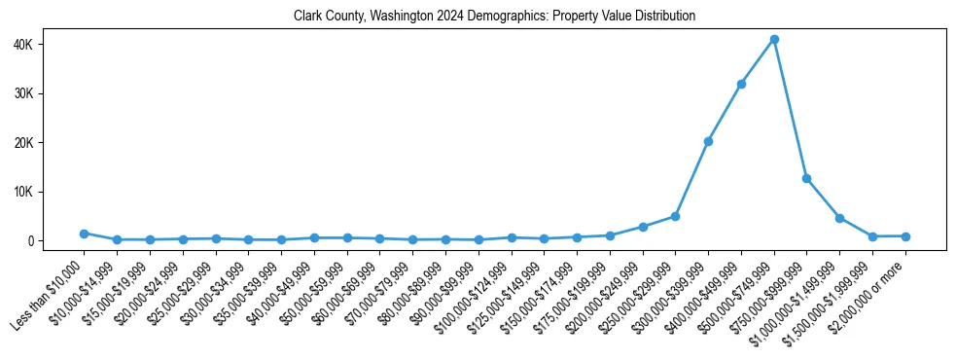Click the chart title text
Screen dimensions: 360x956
coord(494,17)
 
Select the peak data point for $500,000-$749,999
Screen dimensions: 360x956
coord(774,39)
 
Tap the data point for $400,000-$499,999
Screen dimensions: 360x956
coord(741,85)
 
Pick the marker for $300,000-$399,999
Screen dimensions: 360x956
coord(708,142)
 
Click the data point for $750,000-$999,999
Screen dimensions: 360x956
coord(806,179)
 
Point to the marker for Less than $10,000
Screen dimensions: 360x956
coord(84,234)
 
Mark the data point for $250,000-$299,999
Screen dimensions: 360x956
coord(675,216)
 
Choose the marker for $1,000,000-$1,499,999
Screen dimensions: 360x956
coord(839,218)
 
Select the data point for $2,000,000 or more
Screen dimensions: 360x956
coord(905,236)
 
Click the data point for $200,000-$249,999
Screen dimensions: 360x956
coord(643,227)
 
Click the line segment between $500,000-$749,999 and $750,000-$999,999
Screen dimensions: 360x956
coord(790,109)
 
